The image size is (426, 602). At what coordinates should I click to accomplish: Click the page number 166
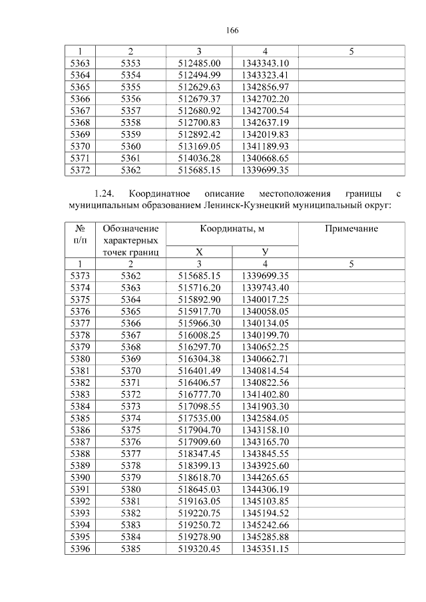click(232, 31)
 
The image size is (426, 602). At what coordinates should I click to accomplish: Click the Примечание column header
click(351, 229)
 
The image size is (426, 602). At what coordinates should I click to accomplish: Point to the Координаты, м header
click(232, 229)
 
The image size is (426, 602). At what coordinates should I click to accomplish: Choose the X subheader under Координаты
click(199, 252)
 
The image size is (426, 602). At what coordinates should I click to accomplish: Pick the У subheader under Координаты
click(265, 252)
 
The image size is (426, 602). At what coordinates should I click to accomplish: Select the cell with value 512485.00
click(199, 63)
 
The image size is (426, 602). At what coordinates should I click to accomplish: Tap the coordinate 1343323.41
click(265, 74)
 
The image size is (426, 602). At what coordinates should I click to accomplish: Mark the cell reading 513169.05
click(199, 146)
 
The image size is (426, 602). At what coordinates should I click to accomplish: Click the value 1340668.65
click(265, 158)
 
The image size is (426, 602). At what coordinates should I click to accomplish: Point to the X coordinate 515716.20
click(199, 287)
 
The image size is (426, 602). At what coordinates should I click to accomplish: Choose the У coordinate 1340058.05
click(265, 311)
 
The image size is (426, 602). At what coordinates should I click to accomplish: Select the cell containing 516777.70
click(199, 394)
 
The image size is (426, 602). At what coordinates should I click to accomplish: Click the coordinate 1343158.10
click(265, 430)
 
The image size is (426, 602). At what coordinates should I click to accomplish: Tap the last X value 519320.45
click(199, 549)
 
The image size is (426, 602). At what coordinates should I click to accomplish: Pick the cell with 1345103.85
click(265, 502)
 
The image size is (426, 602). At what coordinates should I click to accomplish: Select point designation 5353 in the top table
click(130, 63)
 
